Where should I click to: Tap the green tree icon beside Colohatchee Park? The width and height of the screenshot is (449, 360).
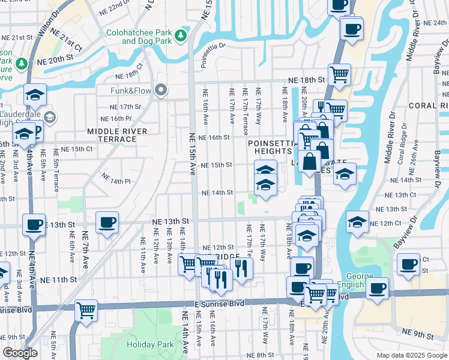pos(181,37)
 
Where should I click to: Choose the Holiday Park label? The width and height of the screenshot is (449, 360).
pos(150,344)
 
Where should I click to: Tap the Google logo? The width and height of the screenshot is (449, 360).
pos(20,353)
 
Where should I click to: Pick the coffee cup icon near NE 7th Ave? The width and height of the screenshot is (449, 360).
pos(107,223)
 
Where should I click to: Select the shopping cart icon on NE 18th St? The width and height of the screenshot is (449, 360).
pos(339,75)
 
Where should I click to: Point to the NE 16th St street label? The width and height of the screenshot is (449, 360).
pos(215,137)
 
